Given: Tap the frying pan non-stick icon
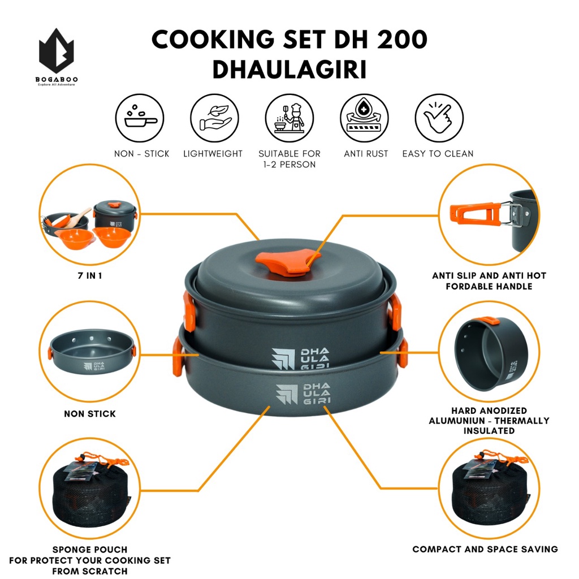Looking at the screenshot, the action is click(140, 118).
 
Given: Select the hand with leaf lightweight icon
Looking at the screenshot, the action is click(214, 118).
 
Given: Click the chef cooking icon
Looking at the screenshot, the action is click(289, 118).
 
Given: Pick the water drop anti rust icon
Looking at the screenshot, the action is click(365, 118).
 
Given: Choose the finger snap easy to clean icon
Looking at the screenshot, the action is click(439, 118).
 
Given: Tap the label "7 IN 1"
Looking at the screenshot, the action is click(90, 275).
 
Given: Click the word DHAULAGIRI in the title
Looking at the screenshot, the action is click(289, 70).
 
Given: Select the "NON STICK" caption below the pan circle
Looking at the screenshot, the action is click(90, 413).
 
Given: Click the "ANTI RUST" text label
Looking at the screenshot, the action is click(366, 154).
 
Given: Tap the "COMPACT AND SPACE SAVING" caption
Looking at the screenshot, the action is click(485, 549).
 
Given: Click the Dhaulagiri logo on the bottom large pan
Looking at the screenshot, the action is click(304, 394).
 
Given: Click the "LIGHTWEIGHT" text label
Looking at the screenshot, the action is click(213, 154).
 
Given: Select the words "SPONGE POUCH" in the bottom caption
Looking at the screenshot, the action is click(90, 550).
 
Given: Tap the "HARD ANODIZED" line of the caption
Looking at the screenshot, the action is click(489, 411).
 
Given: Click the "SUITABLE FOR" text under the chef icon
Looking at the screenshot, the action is click(289, 154).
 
